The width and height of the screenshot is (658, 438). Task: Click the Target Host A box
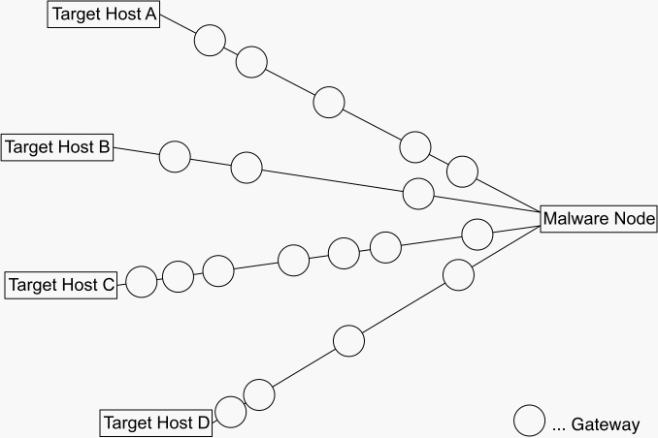(103, 15)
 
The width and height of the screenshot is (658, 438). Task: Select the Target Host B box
(57, 147)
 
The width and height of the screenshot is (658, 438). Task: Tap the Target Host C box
(61, 285)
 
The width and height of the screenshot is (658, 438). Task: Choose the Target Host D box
(156, 422)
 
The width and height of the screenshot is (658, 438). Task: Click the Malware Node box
(599, 219)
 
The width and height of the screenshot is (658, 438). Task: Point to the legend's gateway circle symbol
(529, 422)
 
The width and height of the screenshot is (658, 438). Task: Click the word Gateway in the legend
(605, 424)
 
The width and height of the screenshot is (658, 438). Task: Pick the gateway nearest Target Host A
(210, 41)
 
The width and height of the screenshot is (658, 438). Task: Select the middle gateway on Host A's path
(329, 101)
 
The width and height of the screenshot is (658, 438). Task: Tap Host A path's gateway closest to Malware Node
(462, 172)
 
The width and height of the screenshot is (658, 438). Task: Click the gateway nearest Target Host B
(175, 156)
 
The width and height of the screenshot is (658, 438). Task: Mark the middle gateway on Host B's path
(246, 167)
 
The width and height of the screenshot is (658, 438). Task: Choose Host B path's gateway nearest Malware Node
(418, 193)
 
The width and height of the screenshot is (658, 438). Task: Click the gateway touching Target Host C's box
(141, 282)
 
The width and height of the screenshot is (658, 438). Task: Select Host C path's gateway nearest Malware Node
(477, 234)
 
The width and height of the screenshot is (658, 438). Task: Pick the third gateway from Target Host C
(217, 270)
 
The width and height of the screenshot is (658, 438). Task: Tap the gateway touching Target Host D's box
(230, 411)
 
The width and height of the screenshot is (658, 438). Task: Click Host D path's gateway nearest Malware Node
(458, 275)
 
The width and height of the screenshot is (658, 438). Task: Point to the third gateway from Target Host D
(347, 340)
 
